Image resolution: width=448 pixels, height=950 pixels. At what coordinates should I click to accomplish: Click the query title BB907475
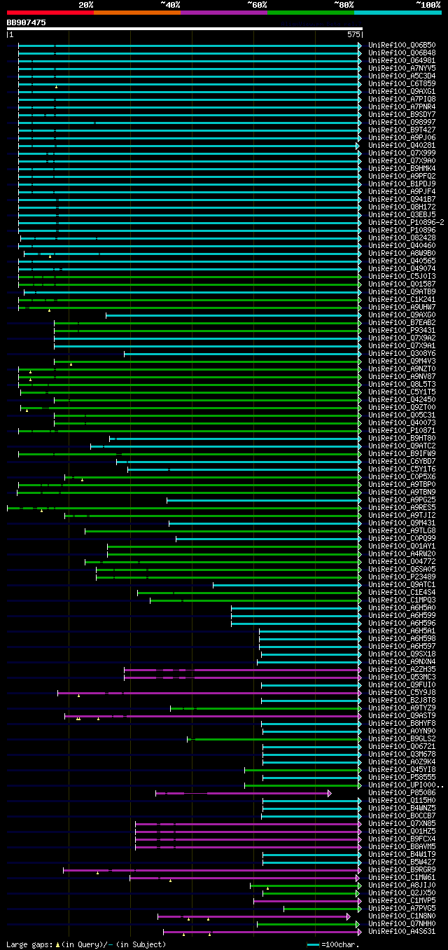tap(27, 22)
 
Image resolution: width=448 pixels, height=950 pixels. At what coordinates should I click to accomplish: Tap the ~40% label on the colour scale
tap(170, 4)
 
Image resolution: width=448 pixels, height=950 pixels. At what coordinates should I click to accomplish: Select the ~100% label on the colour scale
tap(428, 4)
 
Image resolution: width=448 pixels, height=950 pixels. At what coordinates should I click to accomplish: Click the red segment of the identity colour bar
tap(50, 12)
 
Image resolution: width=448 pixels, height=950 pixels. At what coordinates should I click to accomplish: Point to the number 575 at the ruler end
tap(353, 34)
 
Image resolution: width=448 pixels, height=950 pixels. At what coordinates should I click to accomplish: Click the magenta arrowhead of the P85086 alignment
tap(329, 793)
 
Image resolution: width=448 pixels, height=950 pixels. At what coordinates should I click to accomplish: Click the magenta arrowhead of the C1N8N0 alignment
tap(349, 916)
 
